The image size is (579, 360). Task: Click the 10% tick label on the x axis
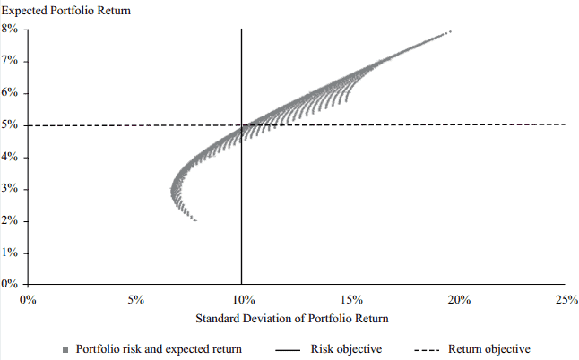[x=242, y=300]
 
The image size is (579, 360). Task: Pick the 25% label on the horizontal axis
[x=566, y=300]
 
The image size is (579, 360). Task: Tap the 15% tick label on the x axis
[x=350, y=300]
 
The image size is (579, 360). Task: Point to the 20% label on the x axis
[x=458, y=300]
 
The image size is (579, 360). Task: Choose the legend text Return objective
[x=488, y=349]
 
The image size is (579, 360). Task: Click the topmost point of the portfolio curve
[x=449, y=31]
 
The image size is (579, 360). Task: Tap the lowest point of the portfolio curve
[x=194, y=220]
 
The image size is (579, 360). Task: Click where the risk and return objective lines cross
[x=242, y=125]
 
